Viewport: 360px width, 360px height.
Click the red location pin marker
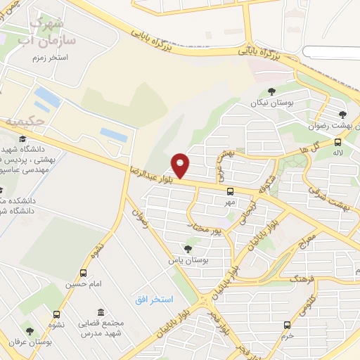[x=181, y=165]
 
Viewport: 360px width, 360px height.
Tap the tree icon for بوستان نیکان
[x=271, y=91]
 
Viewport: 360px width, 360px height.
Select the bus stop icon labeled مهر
[x=230, y=191]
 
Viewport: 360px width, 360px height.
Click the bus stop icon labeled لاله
[x=338, y=143]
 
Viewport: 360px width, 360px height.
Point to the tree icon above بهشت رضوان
[x=342, y=115]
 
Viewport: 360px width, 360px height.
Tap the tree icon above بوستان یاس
[x=187, y=248]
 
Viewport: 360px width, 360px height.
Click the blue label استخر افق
[x=154, y=300]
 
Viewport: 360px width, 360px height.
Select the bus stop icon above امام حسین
[x=84, y=273]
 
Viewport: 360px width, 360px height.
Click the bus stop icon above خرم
[x=287, y=324]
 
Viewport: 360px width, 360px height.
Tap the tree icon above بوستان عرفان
[x=30, y=331]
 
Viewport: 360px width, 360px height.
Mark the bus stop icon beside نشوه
[x=57, y=314]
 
